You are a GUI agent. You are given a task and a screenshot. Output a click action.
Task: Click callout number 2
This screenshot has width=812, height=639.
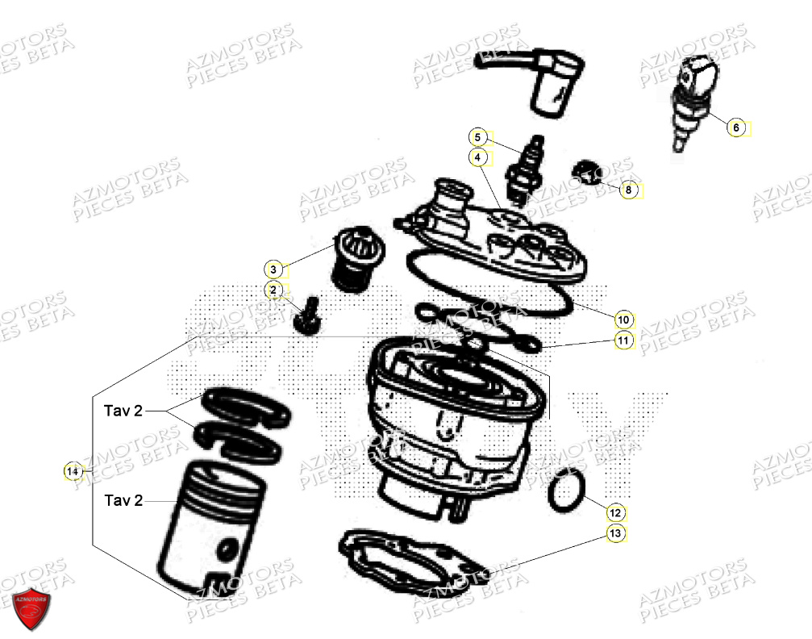tap(273, 290)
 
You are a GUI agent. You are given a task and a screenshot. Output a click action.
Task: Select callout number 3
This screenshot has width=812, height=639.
tap(273, 269)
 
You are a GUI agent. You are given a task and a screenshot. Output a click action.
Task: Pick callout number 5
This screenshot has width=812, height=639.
tap(477, 136)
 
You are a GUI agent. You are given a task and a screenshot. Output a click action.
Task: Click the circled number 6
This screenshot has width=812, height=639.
tap(735, 127)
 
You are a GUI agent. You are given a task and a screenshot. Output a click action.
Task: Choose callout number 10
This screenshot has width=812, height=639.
tap(623, 317)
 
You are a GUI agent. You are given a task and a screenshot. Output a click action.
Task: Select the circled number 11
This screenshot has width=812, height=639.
tap(623, 340)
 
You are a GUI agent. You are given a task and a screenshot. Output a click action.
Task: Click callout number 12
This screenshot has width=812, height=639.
tap(615, 512)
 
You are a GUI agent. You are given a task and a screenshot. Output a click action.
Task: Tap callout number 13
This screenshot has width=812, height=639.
tap(615, 533)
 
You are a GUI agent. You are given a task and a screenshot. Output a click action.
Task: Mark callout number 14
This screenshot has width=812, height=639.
tap(73, 470)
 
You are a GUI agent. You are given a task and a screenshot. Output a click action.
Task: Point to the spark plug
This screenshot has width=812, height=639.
tap(515, 165)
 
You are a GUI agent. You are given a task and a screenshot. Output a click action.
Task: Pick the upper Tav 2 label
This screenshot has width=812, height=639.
tap(123, 411)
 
